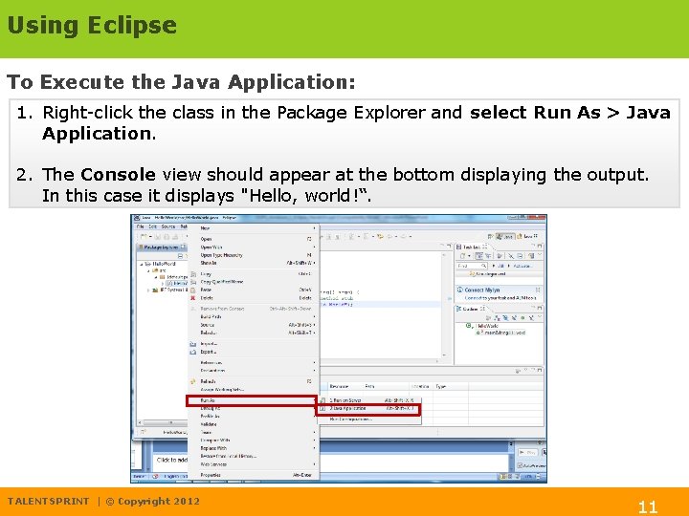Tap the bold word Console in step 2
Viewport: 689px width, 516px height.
pos(118,175)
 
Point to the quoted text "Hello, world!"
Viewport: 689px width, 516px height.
pos(309,197)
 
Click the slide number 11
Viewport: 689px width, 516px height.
pos(648,507)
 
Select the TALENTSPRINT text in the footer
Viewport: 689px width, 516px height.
pos(48,502)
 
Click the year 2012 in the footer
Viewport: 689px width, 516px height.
pos(187,502)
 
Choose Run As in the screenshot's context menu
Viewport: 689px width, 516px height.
pos(209,400)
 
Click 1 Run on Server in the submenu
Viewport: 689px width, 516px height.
pos(347,400)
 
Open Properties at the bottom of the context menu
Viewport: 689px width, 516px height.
pos(211,475)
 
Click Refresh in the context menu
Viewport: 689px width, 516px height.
pos(209,381)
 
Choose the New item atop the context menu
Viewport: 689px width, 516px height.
pos(205,228)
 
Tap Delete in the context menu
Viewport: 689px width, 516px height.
pos(208,298)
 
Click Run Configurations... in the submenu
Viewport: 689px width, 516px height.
pos(353,419)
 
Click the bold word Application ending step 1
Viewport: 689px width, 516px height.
pos(97,134)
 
